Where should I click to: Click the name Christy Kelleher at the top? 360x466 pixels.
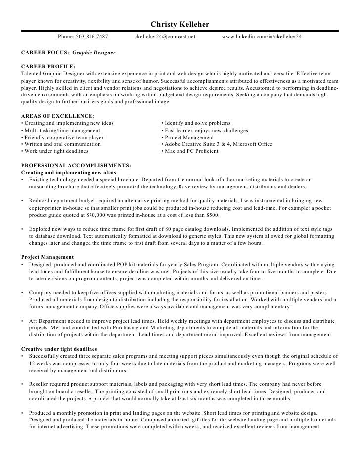coord(180,25)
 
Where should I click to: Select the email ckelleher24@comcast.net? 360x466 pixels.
coord(165,37)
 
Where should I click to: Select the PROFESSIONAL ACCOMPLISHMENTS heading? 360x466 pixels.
coord(76,165)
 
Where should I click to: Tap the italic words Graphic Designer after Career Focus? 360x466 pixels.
coord(94,52)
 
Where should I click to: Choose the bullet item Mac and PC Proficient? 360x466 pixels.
coord(191,151)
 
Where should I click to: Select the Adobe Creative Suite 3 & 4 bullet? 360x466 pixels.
coord(218,144)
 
